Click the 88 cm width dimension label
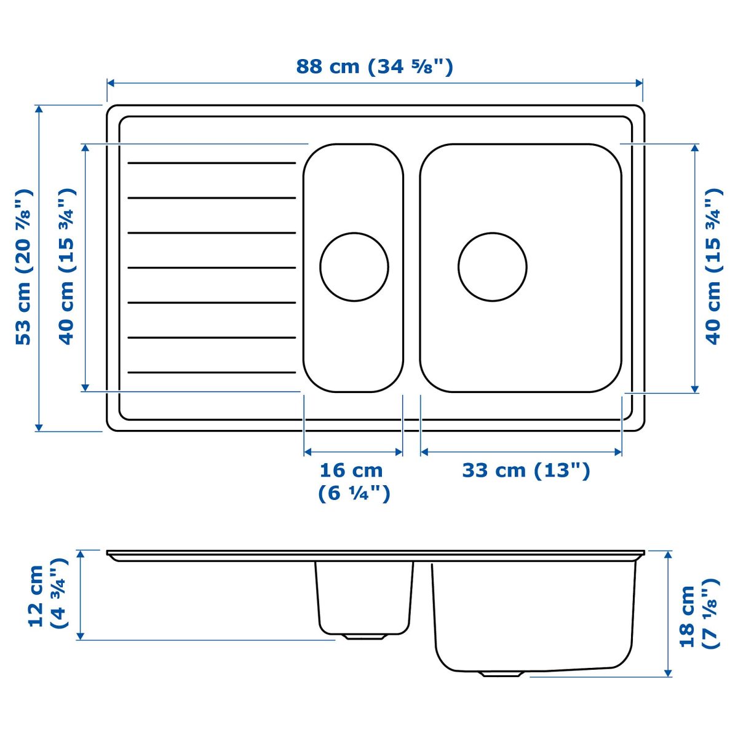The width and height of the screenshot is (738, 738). [374, 66]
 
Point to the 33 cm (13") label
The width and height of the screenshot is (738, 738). [526, 470]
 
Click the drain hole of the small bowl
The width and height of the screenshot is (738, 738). [354, 266]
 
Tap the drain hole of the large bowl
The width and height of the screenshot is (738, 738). [492, 266]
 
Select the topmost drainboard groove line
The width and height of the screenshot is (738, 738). [212, 163]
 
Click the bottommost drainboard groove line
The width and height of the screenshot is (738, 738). [212, 372]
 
